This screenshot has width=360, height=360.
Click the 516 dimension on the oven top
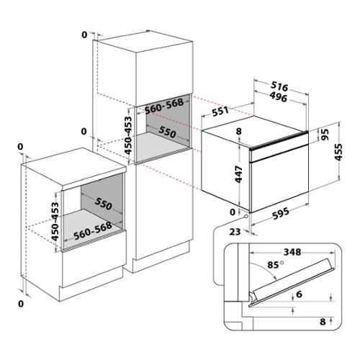279,86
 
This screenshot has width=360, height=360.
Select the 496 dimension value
279,96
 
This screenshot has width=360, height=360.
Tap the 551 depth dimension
220,111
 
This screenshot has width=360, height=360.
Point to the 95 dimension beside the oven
325,135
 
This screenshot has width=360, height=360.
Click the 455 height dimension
338,152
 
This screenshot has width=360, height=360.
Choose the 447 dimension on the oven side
239,174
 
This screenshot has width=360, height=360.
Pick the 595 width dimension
281,213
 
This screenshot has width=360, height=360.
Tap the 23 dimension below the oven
235,232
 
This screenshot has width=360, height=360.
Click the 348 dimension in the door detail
292,252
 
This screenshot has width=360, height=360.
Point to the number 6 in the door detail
299,294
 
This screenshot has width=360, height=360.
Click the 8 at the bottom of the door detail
323,322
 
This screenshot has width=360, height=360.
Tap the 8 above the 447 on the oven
239,132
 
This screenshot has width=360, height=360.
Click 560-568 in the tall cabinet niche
164,107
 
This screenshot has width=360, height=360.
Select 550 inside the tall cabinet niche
167,132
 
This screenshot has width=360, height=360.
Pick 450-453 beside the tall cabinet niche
129,135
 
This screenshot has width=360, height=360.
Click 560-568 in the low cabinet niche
93,231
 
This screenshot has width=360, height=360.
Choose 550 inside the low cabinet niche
103,204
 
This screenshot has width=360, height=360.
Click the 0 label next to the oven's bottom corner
233,212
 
